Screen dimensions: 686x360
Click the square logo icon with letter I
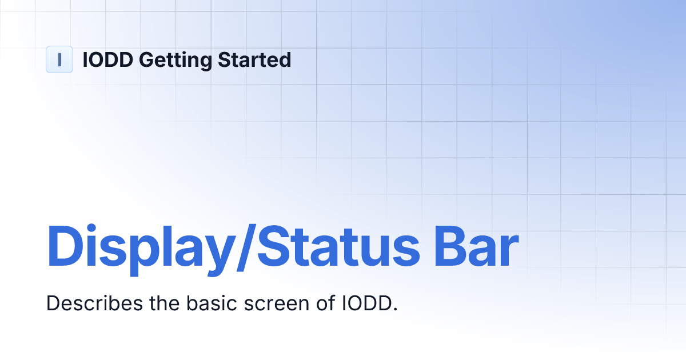pos(59,59)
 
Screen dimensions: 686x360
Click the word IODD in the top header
pos(108,59)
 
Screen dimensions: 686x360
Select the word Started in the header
pos(254,59)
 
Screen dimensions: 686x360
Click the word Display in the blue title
pos(139,250)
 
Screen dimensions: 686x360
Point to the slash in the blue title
pos(246,247)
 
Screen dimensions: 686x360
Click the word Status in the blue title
pos(338,247)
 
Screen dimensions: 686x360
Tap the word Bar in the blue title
pos(476,247)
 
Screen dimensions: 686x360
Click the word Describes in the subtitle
pos(95,303)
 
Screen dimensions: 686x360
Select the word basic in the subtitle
pos(212,303)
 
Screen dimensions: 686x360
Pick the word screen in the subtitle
pos(277,305)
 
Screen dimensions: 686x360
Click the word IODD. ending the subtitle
pos(370,303)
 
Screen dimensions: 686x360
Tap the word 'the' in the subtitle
pos(164,303)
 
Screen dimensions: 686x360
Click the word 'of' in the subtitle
pos(325,303)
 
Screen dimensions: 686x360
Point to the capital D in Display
pos(65,247)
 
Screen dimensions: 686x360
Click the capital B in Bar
pos(450,247)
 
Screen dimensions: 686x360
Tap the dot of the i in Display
pos(91,229)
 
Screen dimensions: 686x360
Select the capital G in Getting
pos(148,59)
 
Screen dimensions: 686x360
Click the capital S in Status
pos(274,247)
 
